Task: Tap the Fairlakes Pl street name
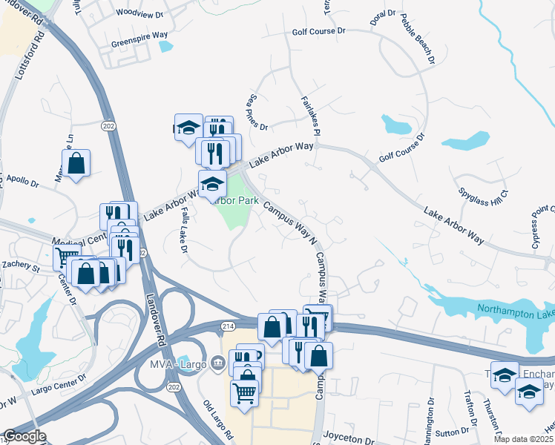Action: point(309,115)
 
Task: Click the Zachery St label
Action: point(20,265)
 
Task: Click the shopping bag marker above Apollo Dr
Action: point(76,163)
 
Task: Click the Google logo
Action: point(24,436)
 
